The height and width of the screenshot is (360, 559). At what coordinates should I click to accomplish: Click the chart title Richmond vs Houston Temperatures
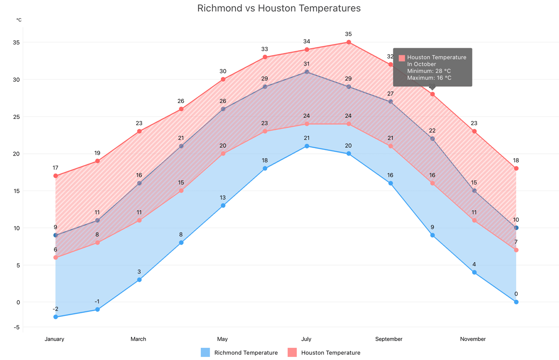tap(279, 8)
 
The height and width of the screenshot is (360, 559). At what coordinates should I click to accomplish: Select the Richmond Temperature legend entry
tap(239, 353)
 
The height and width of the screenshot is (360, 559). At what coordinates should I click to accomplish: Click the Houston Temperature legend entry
tap(324, 353)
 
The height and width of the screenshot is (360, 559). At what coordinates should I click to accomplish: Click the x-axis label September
tap(389, 339)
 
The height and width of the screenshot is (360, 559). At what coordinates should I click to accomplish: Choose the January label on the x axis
tap(54, 339)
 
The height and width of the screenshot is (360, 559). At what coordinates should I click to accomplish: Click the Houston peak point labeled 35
tap(349, 42)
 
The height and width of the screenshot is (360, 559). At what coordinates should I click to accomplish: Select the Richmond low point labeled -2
tap(55, 317)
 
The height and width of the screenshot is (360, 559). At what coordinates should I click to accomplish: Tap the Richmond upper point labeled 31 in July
tap(307, 72)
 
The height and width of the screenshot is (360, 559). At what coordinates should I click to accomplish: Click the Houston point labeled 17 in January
tap(55, 176)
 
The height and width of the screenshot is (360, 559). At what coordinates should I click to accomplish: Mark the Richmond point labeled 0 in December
tap(516, 302)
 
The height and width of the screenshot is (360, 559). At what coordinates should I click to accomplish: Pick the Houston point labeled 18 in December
tap(516, 168)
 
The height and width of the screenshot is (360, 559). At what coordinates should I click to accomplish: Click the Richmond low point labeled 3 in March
tap(139, 280)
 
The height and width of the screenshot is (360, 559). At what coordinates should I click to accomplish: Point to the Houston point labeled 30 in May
tap(223, 79)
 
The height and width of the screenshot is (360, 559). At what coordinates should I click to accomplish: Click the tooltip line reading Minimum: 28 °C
tap(429, 71)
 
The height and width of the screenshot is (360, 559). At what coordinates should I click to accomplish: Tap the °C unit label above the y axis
tap(19, 20)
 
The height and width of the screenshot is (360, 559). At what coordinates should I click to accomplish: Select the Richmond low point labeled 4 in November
tap(474, 272)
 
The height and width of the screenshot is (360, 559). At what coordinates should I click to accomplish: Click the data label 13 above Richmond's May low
tap(223, 197)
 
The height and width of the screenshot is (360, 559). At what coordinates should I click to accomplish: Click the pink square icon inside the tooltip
tap(402, 58)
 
